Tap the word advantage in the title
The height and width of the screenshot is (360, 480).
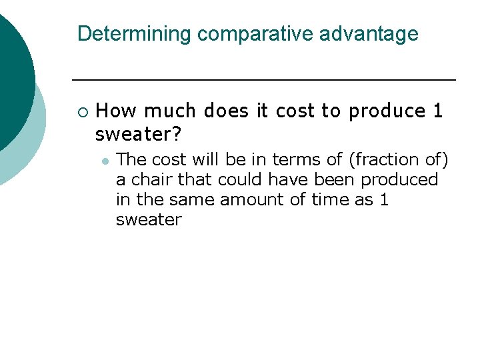(x=369, y=34)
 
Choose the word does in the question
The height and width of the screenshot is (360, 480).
(x=224, y=111)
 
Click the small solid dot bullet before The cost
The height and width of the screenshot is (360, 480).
(x=105, y=161)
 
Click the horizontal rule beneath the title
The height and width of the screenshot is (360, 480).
(x=263, y=80)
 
